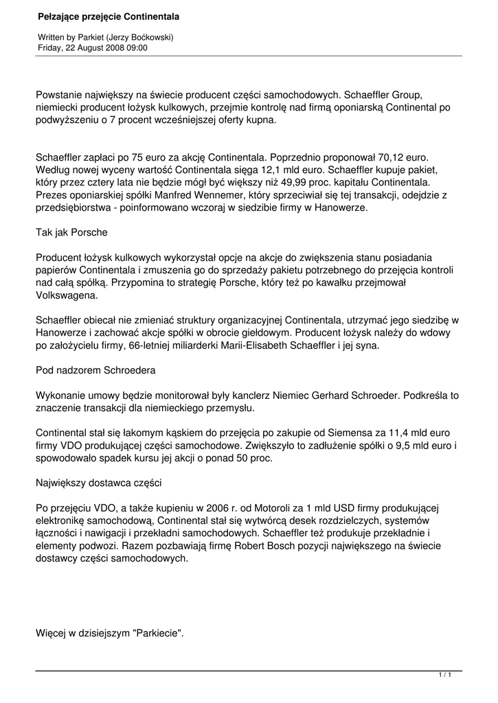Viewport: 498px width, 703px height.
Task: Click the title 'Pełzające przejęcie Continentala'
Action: [x=108, y=15]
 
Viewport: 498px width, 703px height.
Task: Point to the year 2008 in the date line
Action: [x=110, y=48]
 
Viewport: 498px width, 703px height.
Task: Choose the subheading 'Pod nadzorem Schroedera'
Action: [x=95, y=371]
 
